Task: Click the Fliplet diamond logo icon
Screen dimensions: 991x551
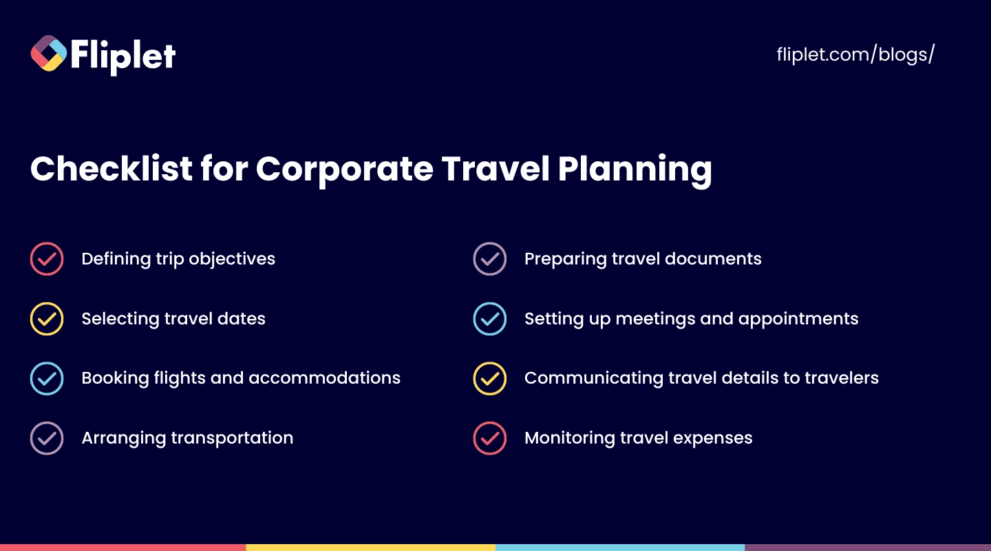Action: [49, 53]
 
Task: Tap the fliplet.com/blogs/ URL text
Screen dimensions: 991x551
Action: [855, 54]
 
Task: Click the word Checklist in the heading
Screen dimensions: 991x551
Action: [111, 168]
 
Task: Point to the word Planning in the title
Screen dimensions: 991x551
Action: [635, 170]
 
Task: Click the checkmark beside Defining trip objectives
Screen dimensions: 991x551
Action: [47, 259]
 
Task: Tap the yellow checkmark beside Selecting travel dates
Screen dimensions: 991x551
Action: [47, 318]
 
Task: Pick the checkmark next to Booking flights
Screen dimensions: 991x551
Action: [47, 378]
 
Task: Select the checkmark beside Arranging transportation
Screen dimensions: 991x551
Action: [47, 438]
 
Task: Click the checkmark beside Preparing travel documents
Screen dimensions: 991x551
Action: [490, 259]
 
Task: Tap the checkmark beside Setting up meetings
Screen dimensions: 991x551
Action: [490, 318]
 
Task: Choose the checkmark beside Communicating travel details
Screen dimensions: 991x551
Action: [490, 378]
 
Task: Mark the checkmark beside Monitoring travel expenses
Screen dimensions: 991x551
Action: [490, 438]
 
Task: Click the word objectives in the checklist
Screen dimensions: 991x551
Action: [232, 259]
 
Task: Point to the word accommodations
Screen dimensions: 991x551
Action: [324, 378]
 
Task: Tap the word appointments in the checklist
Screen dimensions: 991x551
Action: [798, 320]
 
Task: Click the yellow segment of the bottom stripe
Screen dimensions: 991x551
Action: [371, 548]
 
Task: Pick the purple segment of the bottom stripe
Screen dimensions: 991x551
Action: [868, 548]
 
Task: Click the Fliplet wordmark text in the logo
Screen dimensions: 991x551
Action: [123, 56]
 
